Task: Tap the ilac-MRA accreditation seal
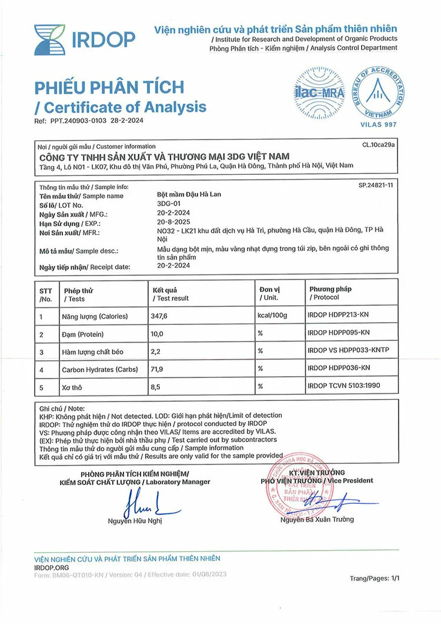pos(319,92)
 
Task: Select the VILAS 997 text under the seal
pos(378,124)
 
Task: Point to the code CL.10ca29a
pos(379,144)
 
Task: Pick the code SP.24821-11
pos(376,185)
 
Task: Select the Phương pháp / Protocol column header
pos(330,293)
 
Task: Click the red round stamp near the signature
pos(297,486)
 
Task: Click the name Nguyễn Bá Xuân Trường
pos(317,519)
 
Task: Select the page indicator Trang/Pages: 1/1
pos(375,579)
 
